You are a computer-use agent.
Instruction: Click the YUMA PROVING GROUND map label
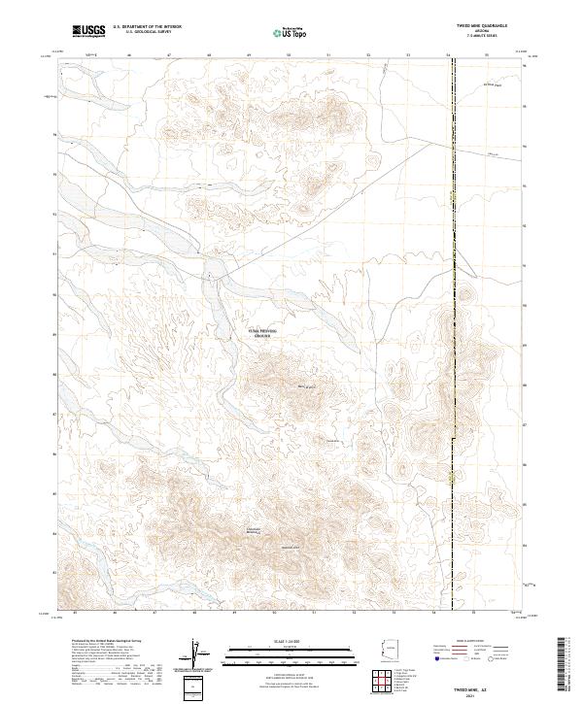point(261,332)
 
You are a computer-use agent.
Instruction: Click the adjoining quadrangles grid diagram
point(386,683)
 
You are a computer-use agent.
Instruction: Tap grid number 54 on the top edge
point(449,55)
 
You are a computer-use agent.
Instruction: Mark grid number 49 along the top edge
point(250,55)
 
